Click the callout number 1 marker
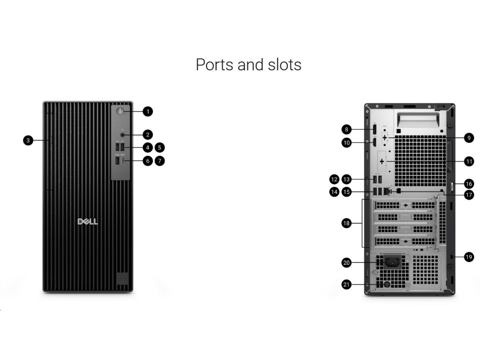[x=148, y=112]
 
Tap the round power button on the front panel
[x=120, y=112]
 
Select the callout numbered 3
[x=29, y=140]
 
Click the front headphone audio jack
[x=123, y=135]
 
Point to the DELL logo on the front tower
[x=88, y=221]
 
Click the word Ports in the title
[x=215, y=64]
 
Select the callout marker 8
[x=346, y=129]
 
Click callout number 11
[x=469, y=161]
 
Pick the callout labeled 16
[x=469, y=184]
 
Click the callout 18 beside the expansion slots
[x=346, y=224]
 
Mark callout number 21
[x=346, y=285]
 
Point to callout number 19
[x=469, y=257]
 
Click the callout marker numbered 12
[x=334, y=179]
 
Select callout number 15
[x=346, y=192]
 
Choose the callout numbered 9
[x=469, y=138]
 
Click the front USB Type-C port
[x=123, y=161]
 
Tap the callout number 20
[x=346, y=263]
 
